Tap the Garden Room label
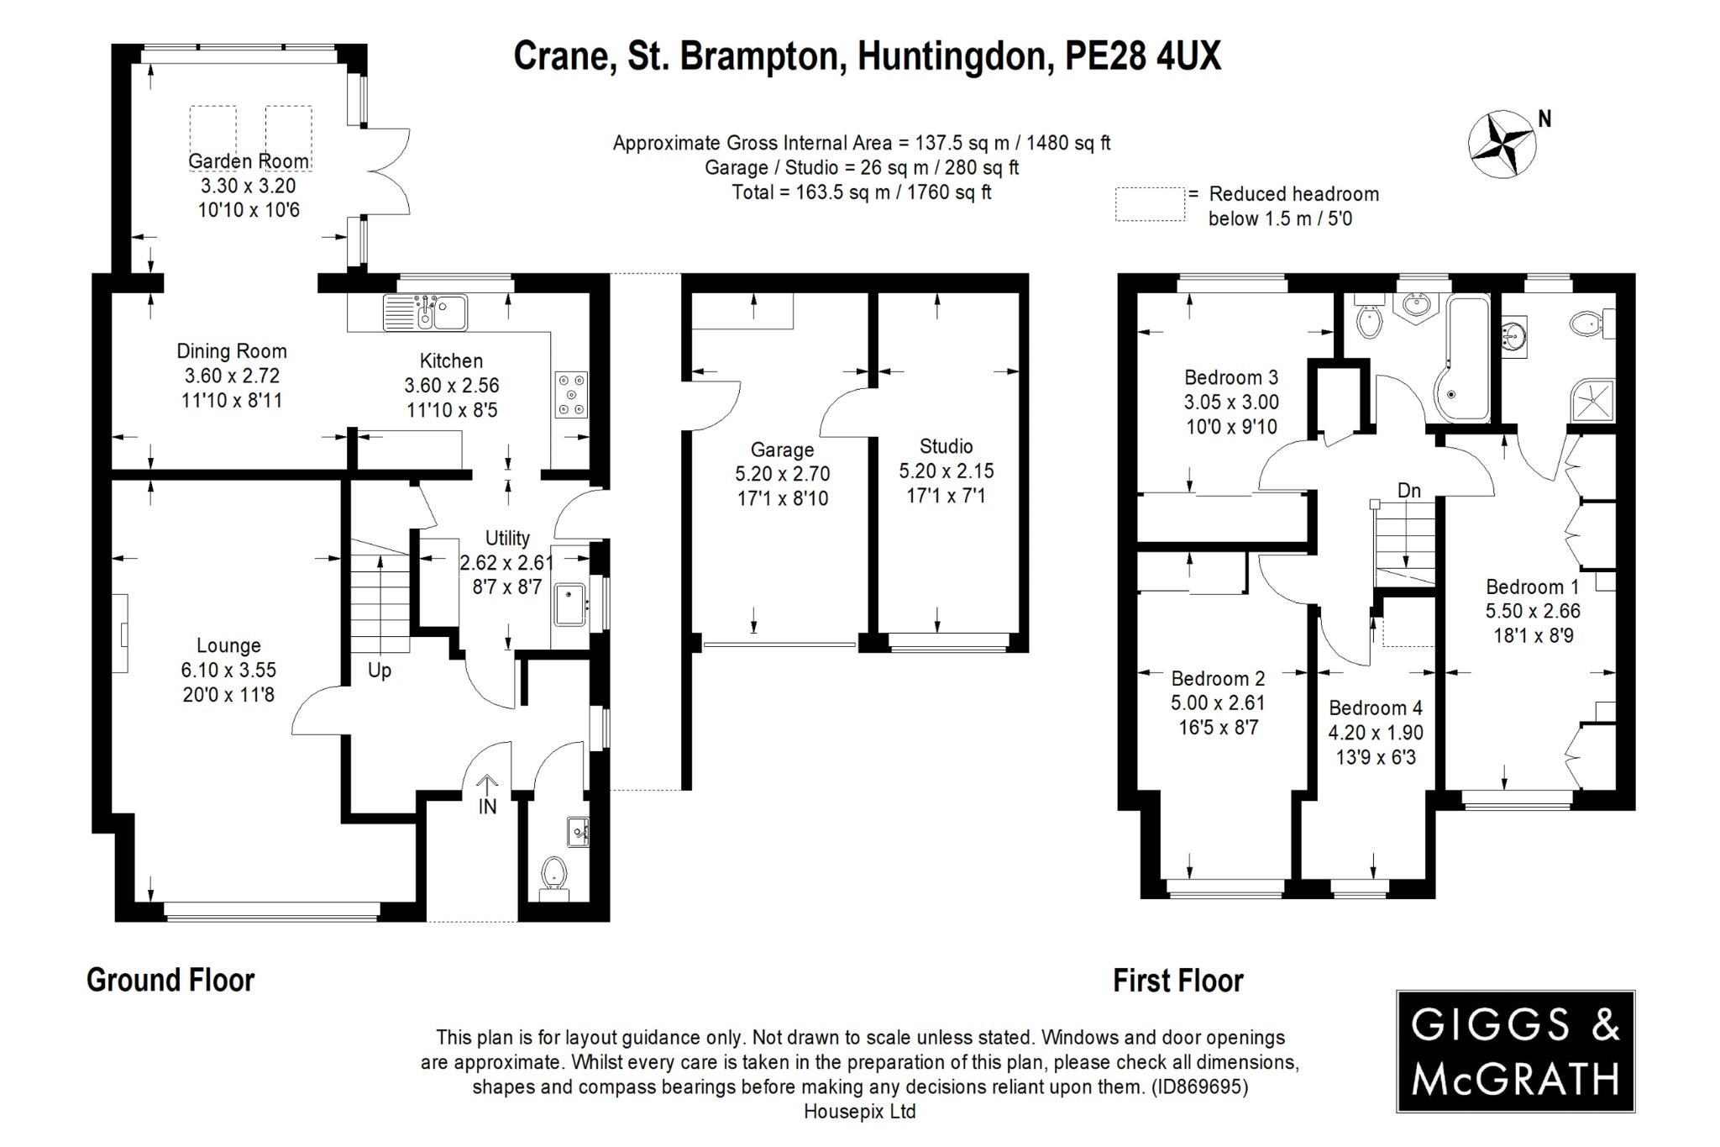(248, 161)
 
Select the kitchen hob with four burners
(571, 395)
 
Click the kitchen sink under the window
(426, 313)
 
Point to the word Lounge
(228, 645)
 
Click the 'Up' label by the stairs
(380, 671)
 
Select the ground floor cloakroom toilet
(553, 874)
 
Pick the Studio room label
(946, 446)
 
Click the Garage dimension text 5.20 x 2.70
(782, 474)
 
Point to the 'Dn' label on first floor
(1408, 490)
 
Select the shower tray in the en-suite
(1592, 400)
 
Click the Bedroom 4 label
(1375, 708)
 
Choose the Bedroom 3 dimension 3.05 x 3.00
(1231, 402)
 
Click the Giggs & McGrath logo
(1515, 1051)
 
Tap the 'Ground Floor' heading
(170, 980)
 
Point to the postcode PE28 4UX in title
(1143, 56)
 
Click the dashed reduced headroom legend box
(1150, 204)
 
